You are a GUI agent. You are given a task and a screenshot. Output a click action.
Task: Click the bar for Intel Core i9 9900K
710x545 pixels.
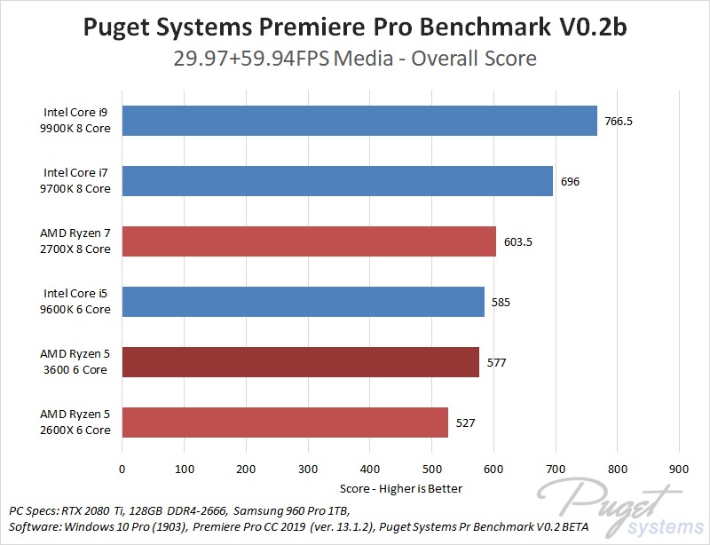click(359, 121)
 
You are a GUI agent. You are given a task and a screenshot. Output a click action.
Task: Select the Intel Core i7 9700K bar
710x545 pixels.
click(337, 181)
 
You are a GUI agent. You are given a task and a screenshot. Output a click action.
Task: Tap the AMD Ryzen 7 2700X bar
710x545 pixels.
click(309, 241)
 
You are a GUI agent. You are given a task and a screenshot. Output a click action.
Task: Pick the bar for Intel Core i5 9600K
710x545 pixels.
click(303, 302)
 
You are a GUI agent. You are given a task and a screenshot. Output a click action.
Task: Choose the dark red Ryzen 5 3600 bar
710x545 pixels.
click(300, 362)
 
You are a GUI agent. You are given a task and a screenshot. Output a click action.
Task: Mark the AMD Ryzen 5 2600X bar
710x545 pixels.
click(285, 423)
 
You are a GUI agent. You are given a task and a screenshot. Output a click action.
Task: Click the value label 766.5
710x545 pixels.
click(619, 121)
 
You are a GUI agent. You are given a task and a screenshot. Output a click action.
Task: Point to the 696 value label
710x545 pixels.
click(570, 181)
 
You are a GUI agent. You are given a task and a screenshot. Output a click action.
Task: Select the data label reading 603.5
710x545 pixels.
click(517, 241)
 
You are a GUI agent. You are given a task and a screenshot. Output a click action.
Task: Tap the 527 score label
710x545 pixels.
click(465, 423)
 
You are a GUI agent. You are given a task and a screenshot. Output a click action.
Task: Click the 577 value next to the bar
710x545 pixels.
click(496, 362)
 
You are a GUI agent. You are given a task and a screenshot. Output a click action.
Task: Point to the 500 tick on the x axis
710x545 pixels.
click(431, 469)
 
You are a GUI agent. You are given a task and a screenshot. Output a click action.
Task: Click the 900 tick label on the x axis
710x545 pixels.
click(679, 469)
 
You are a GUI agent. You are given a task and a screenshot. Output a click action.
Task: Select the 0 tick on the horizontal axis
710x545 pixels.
click(122, 469)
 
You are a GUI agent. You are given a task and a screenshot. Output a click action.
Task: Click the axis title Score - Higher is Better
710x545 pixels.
click(401, 488)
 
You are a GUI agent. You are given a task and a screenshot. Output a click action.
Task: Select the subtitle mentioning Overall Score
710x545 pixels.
click(355, 59)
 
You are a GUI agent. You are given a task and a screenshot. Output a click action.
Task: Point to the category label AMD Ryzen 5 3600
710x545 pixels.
click(75, 362)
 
